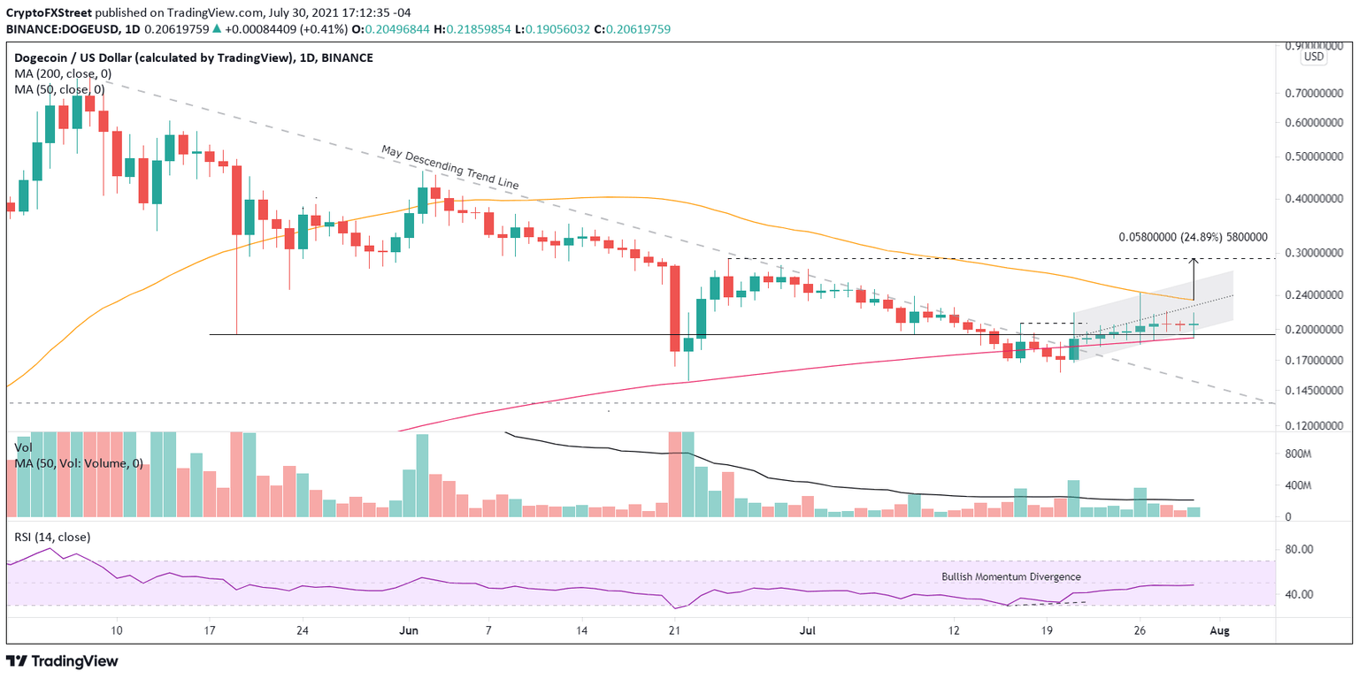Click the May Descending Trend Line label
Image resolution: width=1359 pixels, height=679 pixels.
[x=449, y=168]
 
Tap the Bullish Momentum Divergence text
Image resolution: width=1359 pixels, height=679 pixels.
[x=1010, y=576]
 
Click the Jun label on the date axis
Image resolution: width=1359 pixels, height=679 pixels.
[x=409, y=630]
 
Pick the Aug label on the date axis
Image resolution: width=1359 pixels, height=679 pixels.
[x=1219, y=630]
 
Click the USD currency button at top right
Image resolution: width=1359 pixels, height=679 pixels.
[x=1314, y=57]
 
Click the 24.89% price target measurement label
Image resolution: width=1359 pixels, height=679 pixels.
[x=1193, y=237]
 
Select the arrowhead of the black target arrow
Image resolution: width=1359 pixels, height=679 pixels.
[x=1194, y=261]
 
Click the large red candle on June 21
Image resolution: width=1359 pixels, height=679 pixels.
[x=674, y=309]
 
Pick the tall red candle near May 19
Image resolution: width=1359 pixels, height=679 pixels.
[x=236, y=200]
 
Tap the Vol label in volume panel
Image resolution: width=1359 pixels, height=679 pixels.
[x=24, y=448]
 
